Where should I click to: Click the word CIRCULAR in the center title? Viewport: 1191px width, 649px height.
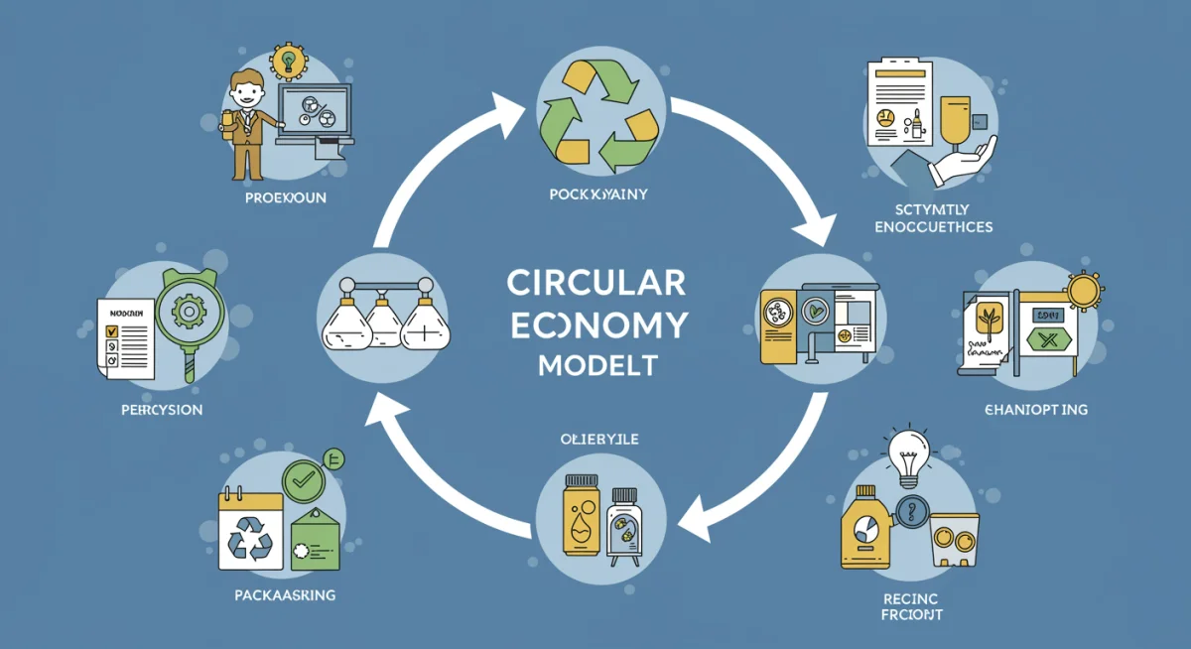click(595, 282)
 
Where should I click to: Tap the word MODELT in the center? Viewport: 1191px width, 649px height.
click(596, 364)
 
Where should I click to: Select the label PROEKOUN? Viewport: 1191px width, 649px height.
click(285, 198)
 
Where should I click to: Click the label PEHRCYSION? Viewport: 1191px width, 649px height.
click(157, 409)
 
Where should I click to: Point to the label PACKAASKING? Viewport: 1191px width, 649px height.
click(285, 595)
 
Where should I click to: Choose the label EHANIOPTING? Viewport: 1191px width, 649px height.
click(1037, 410)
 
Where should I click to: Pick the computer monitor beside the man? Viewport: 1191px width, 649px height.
click(316, 111)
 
